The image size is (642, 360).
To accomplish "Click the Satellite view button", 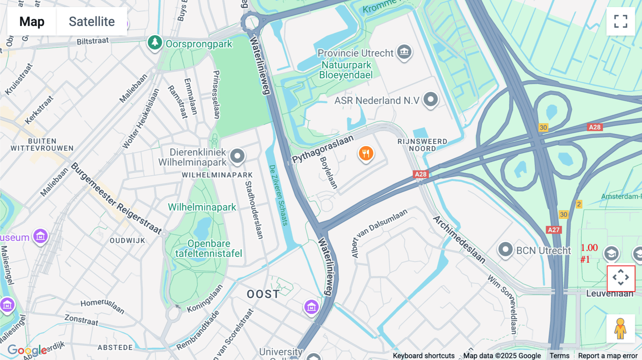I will (92, 21).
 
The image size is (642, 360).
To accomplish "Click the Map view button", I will (32, 21).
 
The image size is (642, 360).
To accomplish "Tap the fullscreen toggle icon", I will (621, 21).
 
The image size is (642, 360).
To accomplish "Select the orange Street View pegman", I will (620, 329).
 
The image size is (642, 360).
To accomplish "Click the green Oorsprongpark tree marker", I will (155, 42).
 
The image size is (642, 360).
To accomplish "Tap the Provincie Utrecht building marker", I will (404, 52).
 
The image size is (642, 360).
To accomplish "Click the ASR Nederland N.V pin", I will (430, 99).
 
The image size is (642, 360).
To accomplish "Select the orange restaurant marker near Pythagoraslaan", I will (366, 154).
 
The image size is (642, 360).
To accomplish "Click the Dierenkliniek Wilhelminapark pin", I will (237, 156).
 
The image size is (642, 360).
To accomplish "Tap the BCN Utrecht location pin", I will (505, 250).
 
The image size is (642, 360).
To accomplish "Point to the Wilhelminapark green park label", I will (202, 207).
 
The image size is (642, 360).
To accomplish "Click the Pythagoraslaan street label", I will (323, 149).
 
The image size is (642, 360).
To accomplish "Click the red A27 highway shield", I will (554, 230).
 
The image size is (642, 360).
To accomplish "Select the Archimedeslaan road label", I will (459, 239).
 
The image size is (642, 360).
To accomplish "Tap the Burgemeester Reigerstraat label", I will (116, 198).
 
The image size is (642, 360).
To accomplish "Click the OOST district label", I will (263, 294).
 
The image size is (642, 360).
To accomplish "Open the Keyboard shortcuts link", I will (423, 355).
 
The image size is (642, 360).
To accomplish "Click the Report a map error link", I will (607, 355).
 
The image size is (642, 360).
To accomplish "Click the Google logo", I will (27, 350).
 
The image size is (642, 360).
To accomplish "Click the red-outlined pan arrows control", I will (621, 278).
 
